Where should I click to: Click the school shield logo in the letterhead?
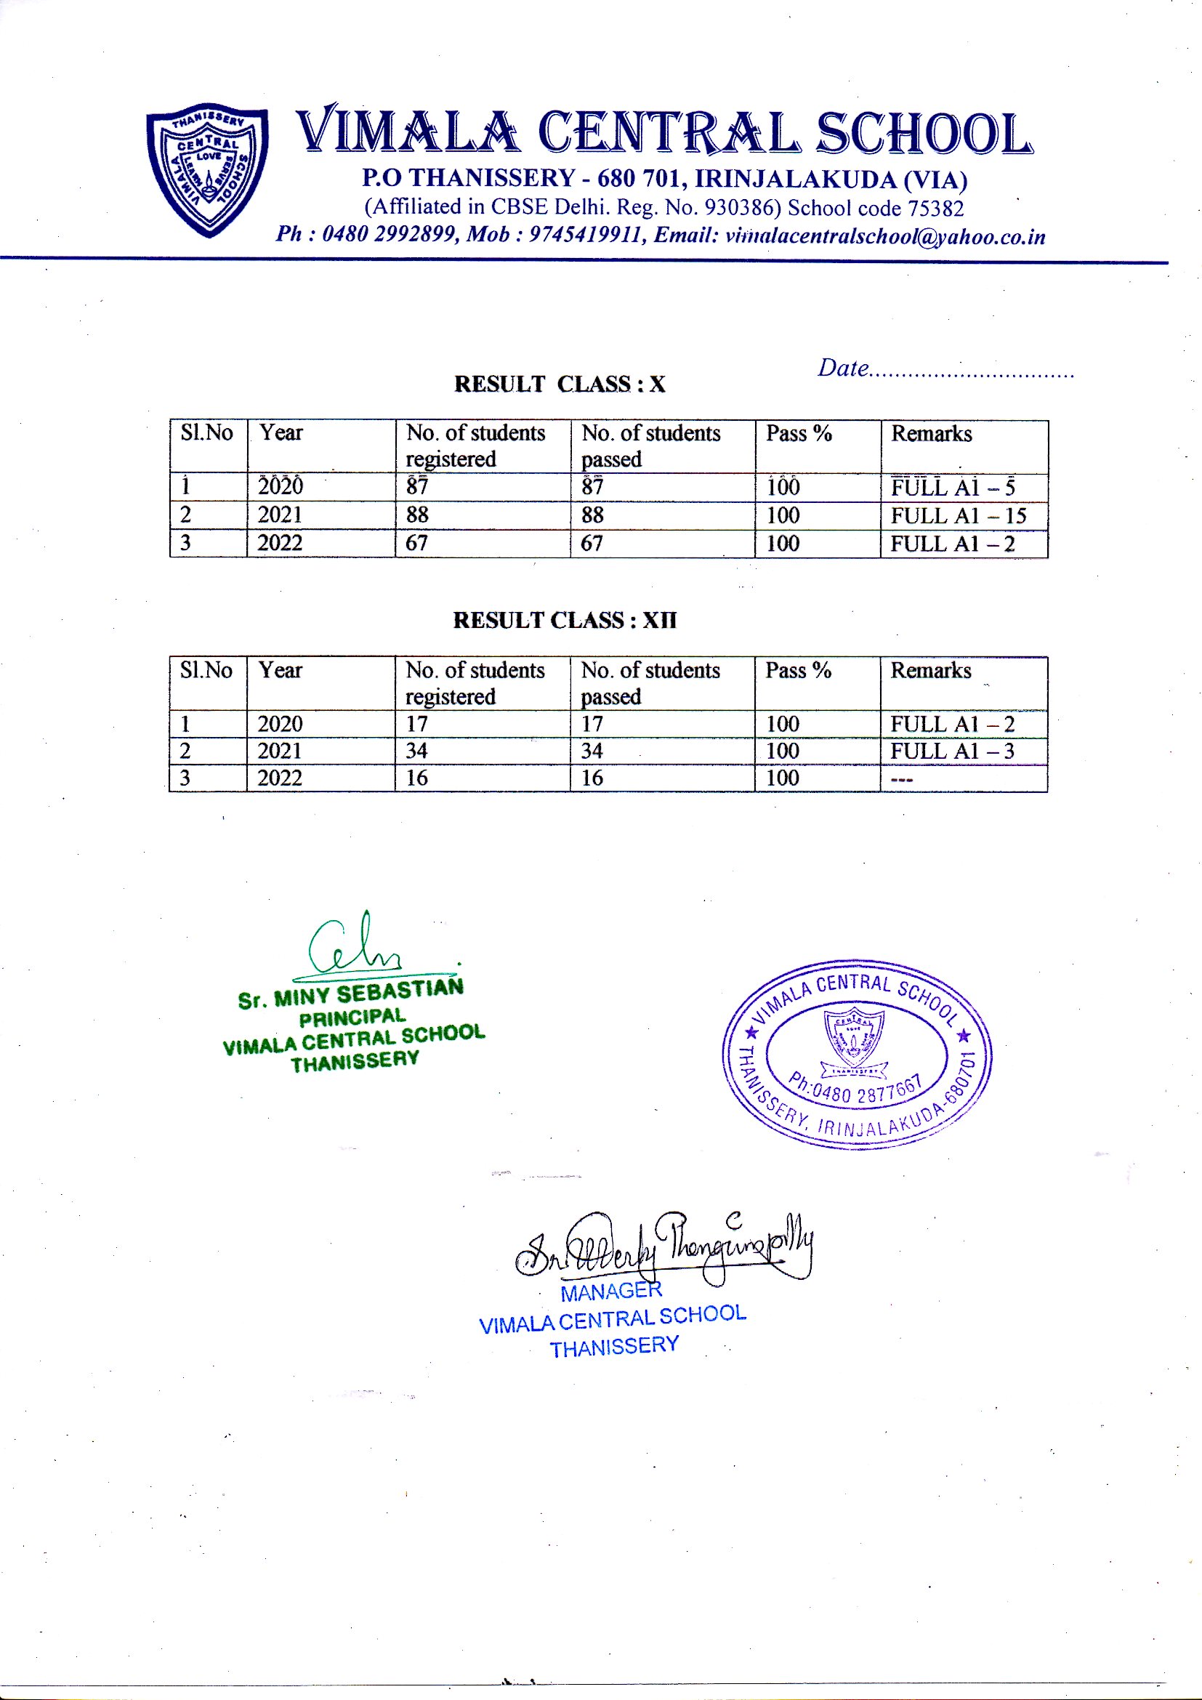[208, 169]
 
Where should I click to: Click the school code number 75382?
[936, 209]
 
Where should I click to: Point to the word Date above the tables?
[843, 368]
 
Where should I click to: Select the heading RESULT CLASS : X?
[560, 384]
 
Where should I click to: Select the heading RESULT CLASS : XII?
[565, 621]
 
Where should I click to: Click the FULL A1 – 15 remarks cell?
[959, 515]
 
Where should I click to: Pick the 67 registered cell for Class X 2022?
[416, 544]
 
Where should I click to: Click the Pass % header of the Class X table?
[799, 433]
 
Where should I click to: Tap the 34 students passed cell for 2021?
[592, 751]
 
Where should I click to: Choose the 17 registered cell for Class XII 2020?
[416, 723]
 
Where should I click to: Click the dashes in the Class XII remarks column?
[901, 779]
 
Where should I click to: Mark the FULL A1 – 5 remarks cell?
[953, 487]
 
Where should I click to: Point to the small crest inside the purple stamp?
[854, 1036]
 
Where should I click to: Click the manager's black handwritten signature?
[664, 1248]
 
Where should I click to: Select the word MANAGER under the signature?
[610, 1292]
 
